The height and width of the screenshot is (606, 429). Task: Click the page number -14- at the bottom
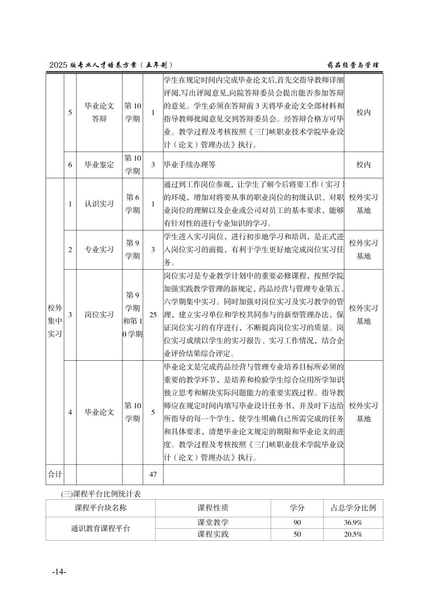(x=59, y=572)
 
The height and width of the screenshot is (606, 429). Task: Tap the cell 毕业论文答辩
(x=99, y=112)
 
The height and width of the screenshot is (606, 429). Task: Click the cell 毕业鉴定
(x=99, y=164)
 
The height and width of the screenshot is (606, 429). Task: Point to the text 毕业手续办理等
(x=190, y=164)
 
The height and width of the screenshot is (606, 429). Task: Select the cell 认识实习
(x=99, y=204)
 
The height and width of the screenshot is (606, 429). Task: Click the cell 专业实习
(x=99, y=249)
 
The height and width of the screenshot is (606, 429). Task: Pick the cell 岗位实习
(x=99, y=315)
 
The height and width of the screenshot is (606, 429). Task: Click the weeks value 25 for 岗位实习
(x=153, y=315)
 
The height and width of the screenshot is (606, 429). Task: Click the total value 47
(x=153, y=474)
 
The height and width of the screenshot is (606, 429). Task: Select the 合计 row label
(x=54, y=474)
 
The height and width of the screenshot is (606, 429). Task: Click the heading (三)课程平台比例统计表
(x=101, y=494)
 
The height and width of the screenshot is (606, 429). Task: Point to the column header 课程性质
(x=213, y=508)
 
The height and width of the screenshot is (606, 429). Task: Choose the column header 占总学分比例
(x=353, y=508)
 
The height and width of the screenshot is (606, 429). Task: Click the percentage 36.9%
(x=353, y=523)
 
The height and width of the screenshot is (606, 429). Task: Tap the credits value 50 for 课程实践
(x=297, y=534)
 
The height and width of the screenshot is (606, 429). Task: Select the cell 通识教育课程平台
(x=101, y=529)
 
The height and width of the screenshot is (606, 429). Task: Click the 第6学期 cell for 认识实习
(x=132, y=204)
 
